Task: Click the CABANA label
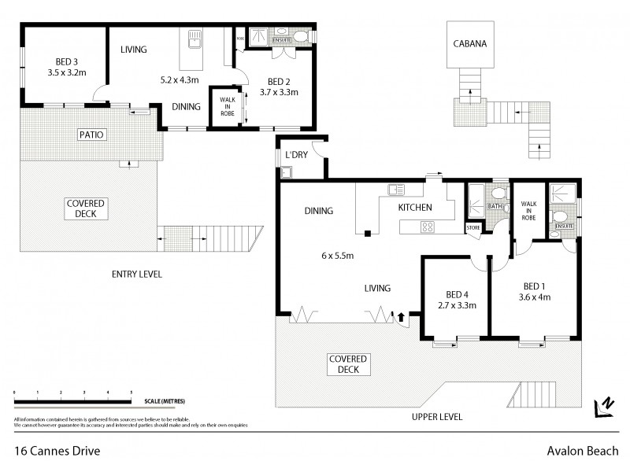pos(469,45)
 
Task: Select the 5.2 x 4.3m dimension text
pos(179,79)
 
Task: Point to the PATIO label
pos(91,135)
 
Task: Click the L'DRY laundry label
pos(297,155)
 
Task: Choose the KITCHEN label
pos(415,208)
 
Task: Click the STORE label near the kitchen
pos(473,228)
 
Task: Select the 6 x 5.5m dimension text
pos(337,256)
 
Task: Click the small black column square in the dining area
pos(367,232)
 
